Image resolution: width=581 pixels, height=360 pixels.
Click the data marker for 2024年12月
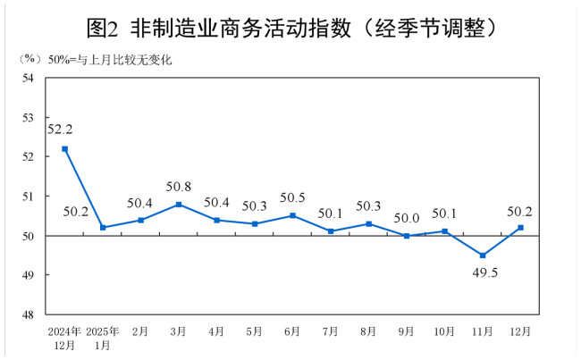[x=65, y=149]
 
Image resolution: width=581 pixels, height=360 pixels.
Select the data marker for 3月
[x=179, y=205]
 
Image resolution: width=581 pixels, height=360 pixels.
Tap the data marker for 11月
[x=483, y=255]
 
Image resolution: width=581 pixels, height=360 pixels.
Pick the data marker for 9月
[x=407, y=236]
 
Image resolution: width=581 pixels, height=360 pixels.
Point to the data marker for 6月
[x=292, y=216]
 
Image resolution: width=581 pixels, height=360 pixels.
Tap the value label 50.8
[x=179, y=187]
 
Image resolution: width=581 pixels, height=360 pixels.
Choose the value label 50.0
[x=407, y=217]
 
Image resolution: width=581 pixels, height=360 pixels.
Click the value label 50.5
[x=292, y=197]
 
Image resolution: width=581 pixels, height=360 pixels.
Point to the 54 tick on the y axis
[x=29, y=79]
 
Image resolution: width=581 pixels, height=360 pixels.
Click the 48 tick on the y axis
[x=29, y=314]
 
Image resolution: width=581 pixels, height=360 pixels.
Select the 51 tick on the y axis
[x=29, y=197]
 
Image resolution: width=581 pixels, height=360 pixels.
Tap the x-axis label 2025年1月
[x=103, y=338]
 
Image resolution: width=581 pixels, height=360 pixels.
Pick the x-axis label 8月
[x=368, y=331]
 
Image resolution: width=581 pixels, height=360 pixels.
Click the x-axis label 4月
[x=216, y=331]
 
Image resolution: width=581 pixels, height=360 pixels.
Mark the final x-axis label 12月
[x=520, y=331]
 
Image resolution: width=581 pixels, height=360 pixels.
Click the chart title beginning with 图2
[x=291, y=28]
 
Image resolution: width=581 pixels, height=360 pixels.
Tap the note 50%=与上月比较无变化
[x=109, y=60]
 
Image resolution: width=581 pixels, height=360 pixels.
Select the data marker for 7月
[x=331, y=231]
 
